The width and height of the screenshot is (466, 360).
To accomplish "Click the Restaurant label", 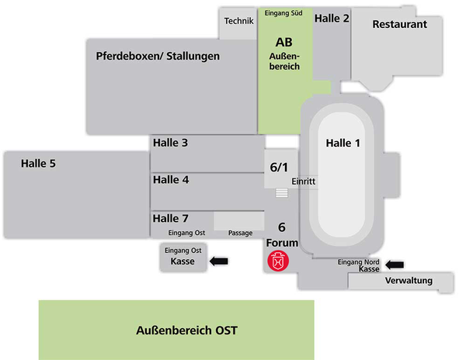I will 399,24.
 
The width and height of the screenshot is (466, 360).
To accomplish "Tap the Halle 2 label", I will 332,19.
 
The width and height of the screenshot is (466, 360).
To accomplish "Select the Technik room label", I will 239,20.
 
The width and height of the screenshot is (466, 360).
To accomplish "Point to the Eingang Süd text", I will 285,13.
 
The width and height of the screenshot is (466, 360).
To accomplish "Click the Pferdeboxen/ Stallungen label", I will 158,56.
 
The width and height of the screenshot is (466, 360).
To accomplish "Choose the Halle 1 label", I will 343,143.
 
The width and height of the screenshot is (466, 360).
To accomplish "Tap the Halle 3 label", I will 170,143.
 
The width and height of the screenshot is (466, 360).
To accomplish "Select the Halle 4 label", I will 171,179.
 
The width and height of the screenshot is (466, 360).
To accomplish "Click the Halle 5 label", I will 38,163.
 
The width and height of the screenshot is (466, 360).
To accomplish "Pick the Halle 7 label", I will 171,218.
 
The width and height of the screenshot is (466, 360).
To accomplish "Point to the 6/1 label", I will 279,167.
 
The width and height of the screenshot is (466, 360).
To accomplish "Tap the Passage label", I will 241,233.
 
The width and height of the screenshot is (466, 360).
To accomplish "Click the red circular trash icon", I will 278,261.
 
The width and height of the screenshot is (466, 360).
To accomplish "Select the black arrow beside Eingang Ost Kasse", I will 221,261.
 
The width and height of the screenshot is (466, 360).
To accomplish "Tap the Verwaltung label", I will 409,281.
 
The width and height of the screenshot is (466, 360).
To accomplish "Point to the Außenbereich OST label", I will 185,331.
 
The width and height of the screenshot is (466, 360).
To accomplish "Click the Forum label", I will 282,242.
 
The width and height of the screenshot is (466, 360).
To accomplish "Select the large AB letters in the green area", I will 284,41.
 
